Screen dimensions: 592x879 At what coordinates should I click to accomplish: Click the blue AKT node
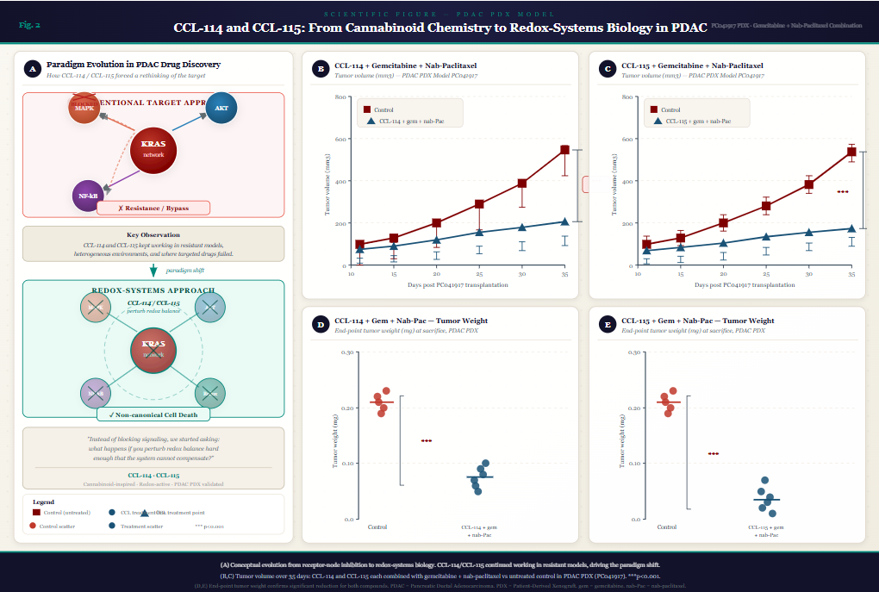(221, 109)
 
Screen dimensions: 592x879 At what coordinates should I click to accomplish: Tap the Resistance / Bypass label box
(153, 208)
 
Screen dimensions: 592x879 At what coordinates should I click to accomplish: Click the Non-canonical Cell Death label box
(153, 414)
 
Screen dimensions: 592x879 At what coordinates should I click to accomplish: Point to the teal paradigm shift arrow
(153, 270)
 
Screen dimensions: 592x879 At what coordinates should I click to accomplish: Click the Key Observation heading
(153, 234)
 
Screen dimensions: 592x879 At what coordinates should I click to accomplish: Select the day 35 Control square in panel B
(564, 150)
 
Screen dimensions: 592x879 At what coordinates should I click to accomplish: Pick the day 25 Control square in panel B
(479, 204)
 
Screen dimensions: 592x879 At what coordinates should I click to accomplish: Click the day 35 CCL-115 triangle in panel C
(851, 228)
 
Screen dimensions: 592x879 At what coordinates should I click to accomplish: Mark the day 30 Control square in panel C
(808, 184)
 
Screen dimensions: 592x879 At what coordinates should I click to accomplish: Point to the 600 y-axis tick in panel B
(340, 139)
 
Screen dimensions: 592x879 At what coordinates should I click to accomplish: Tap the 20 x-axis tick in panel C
(722, 274)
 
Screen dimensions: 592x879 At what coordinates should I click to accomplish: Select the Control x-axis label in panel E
(666, 527)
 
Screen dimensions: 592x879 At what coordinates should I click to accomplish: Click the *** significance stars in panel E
(713, 453)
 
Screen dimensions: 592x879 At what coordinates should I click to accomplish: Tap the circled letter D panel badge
(321, 324)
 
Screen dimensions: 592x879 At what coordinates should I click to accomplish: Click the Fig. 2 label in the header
(29, 25)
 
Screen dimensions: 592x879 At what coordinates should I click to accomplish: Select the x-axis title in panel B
(458, 284)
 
